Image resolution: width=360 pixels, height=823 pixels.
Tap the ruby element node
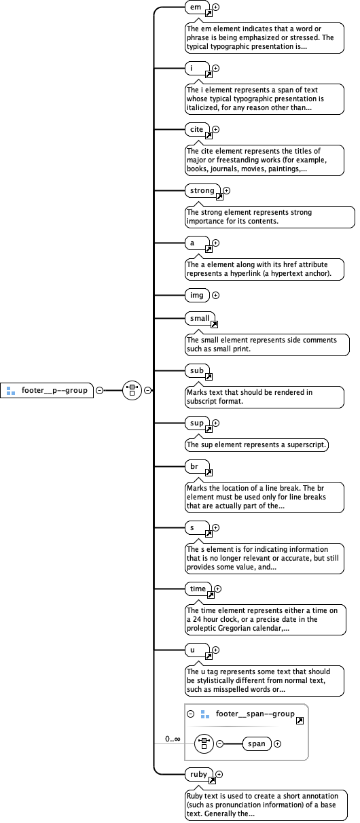click(198, 774)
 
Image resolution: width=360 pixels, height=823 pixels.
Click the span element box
click(257, 743)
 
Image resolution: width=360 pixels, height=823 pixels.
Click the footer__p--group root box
click(48, 391)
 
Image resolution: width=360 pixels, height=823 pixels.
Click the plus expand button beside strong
click(227, 191)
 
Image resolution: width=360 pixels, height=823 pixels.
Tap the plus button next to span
click(277, 743)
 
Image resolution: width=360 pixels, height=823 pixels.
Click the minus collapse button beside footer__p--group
click(99, 391)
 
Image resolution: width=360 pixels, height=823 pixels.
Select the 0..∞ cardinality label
click(173, 738)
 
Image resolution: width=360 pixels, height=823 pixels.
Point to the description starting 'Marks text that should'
click(251, 397)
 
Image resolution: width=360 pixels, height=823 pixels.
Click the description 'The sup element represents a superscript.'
click(257, 445)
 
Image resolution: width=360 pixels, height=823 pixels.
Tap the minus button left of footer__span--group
click(191, 714)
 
